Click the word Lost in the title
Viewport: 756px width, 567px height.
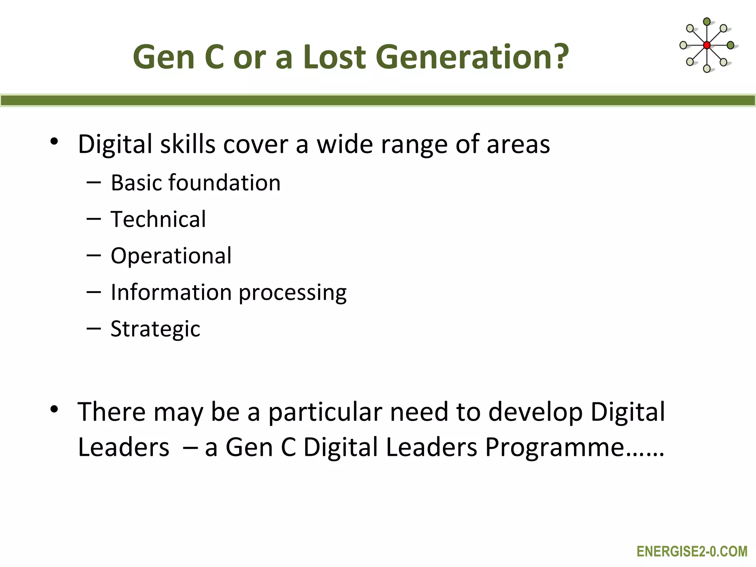[x=334, y=57]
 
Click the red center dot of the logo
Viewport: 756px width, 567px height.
[x=707, y=45]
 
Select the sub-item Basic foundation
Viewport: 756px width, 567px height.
[x=196, y=183]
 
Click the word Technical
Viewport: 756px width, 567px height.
[x=158, y=219]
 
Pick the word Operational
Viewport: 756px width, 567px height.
[x=171, y=255]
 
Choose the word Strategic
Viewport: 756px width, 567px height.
[x=155, y=329]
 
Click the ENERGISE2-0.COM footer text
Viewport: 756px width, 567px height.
[x=692, y=551]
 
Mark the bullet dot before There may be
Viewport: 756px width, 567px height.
[x=54, y=409]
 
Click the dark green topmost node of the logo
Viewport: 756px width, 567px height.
[x=707, y=22]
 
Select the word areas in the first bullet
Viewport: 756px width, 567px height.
[x=518, y=145]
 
